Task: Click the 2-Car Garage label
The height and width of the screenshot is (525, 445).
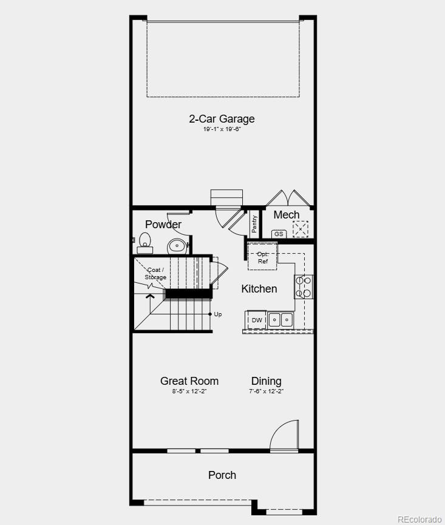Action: click(x=222, y=119)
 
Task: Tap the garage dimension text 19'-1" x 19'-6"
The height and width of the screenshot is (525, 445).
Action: click(x=222, y=129)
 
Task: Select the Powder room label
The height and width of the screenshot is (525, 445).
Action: click(x=163, y=225)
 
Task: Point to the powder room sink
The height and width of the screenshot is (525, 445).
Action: click(x=177, y=246)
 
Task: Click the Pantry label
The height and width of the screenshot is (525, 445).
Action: click(x=254, y=224)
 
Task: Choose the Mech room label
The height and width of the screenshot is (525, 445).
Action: click(x=287, y=215)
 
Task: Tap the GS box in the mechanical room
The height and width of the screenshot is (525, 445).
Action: click(x=279, y=234)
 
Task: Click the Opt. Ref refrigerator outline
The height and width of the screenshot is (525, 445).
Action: click(x=262, y=257)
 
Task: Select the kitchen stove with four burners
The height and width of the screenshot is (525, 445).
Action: click(x=304, y=287)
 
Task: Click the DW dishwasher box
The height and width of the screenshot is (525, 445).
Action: click(x=257, y=320)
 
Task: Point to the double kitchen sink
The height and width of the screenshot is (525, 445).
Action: click(x=280, y=320)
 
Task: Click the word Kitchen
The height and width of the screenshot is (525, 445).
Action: click(x=259, y=289)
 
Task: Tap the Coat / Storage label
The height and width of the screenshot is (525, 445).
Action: click(x=155, y=274)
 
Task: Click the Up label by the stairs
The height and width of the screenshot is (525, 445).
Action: click(x=218, y=314)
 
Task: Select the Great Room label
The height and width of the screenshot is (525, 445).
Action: click(x=189, y=381)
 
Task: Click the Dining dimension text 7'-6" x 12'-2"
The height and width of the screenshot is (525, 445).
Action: click(x=266, y=391)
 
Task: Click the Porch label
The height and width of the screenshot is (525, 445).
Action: click(x=222, y=475)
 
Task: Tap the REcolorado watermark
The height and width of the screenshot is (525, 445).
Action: click(x=420, y=520)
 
